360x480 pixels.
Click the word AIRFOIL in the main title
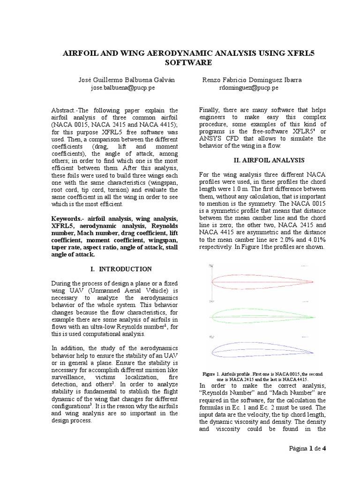point(83,53)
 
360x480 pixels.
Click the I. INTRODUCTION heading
point(120,269)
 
